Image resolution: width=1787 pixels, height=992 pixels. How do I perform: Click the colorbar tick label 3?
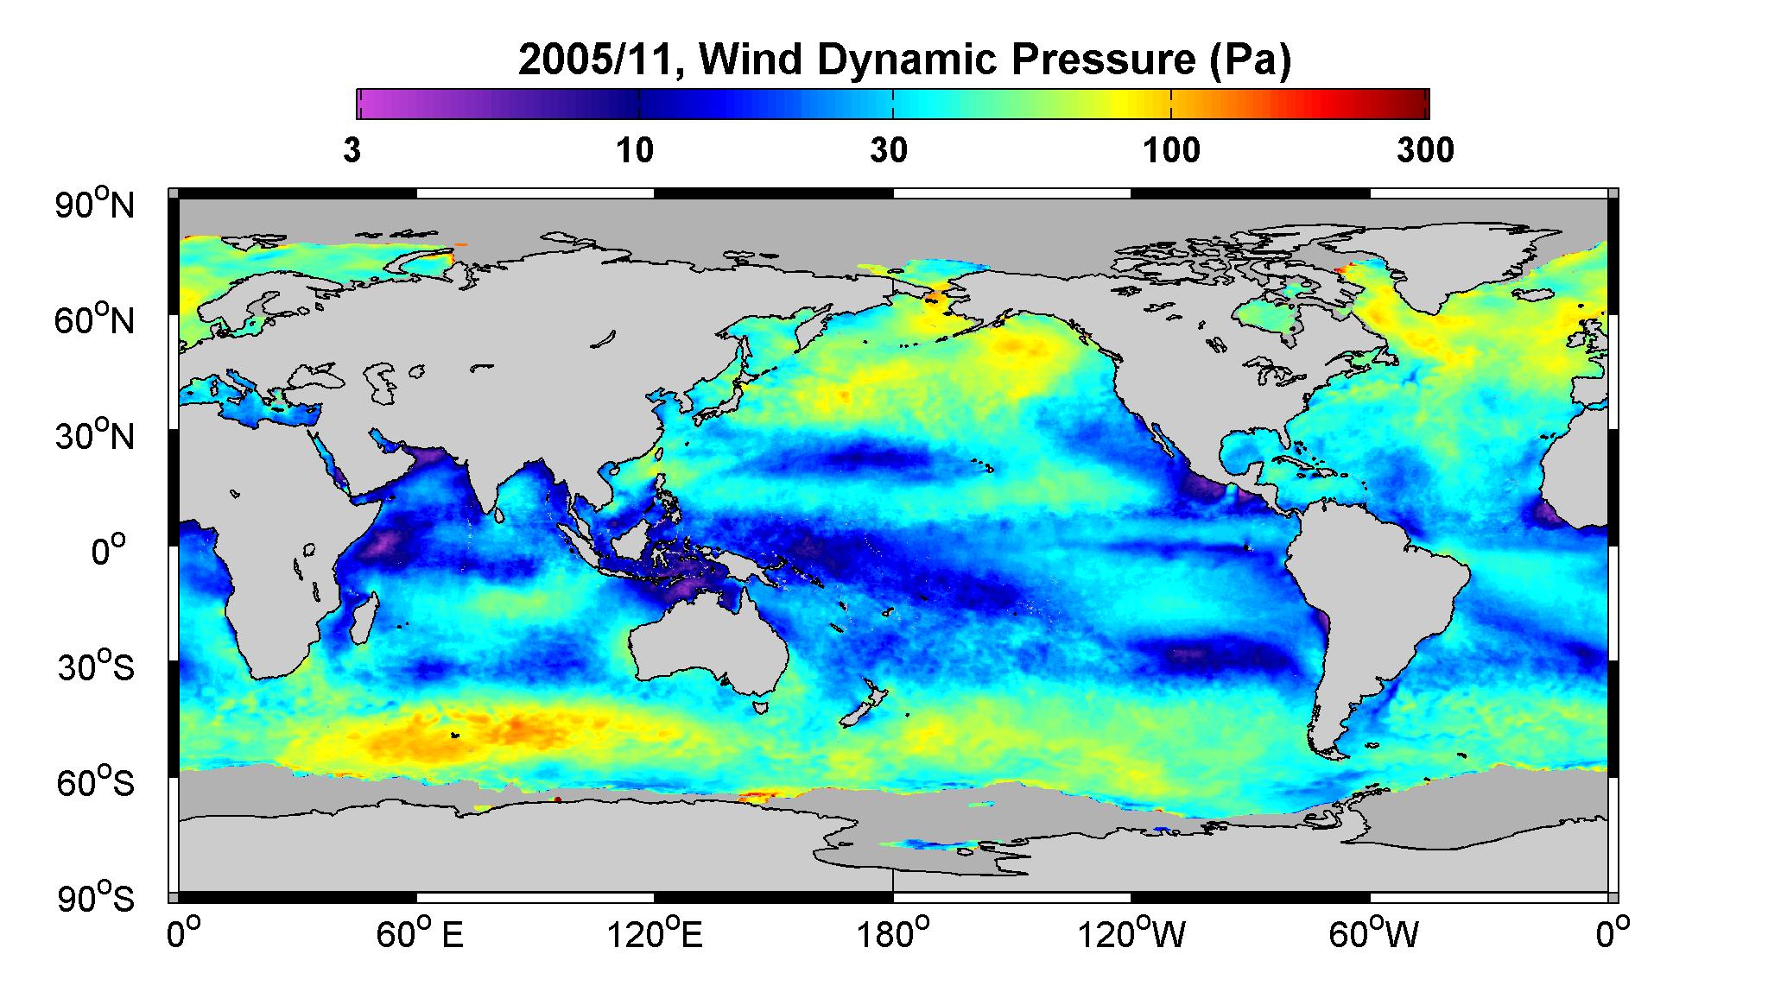(x=352, y=151)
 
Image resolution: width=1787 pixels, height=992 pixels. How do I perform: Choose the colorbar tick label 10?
(x=635, y=151)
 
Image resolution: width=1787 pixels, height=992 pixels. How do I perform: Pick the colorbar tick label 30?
(x=889, y=151)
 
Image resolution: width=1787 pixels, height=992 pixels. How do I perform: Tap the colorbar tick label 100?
(x=1171, y=151)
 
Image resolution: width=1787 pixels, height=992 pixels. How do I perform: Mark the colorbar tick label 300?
(x=1425, y=151)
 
